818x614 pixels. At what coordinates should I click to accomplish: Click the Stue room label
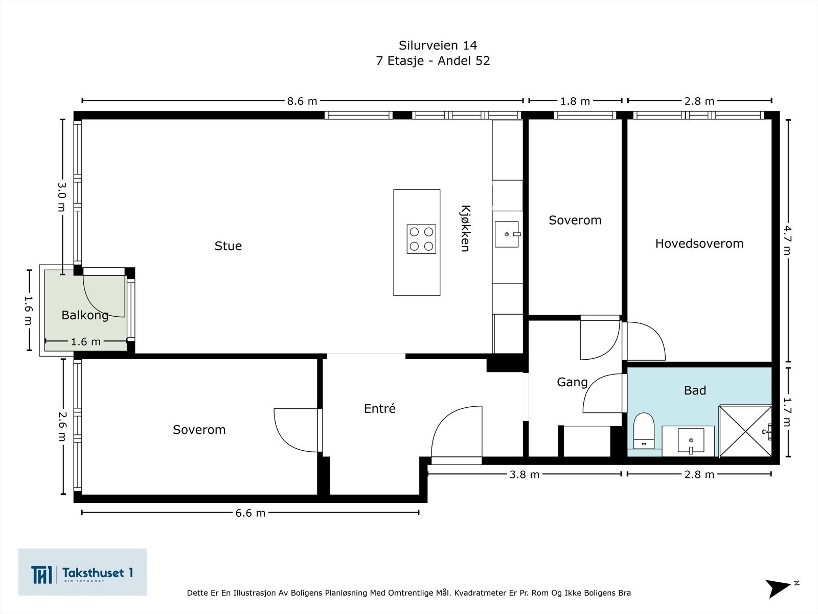[228, 246]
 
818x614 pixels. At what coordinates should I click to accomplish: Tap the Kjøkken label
[465, 228]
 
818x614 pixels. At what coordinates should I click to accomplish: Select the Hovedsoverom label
[699, 244]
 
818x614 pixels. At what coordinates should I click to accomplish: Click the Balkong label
[85, 315]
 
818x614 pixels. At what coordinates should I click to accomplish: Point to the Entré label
[380, 409]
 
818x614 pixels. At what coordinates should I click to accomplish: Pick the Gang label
[572, 383]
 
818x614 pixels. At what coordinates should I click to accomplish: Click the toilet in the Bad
[644, 431]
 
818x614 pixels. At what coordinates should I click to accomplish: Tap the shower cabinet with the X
[745, 431]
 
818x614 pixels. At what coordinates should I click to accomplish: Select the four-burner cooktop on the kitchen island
[421, 239]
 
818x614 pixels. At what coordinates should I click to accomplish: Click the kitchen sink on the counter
[507, 234]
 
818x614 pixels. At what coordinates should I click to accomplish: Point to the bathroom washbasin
[691, 441]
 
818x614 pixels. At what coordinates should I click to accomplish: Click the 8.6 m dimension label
[302, 101]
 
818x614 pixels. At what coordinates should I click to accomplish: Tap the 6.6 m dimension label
[250, 513]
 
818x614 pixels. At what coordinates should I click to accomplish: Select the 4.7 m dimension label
[787, 240]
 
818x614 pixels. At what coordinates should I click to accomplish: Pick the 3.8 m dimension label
[525, 475]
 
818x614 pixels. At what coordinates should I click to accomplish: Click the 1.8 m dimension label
[575, 101]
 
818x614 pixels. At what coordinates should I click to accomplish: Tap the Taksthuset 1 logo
[82, 572]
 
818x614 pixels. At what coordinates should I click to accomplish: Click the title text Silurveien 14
[438, 46]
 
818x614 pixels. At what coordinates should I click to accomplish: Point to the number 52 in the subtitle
[482, 61]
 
